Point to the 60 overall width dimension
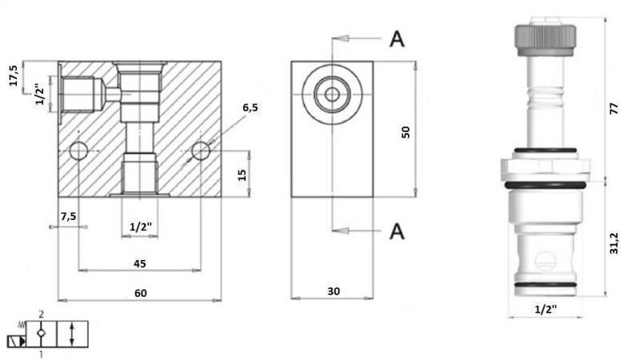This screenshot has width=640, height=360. click(x=140, y=294)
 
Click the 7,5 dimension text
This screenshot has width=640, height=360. click(x=68, y=215)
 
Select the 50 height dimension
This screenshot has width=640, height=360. click(x=406, y=131)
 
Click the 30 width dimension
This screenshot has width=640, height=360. click(x=334, y=292)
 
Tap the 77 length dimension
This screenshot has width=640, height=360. click(x=614, y=110)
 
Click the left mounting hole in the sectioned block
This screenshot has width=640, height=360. click(x=79, y=150)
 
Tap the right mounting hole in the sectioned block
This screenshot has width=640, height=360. click(x=201, y=150)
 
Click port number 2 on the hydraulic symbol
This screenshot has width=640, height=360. click(x=41, y=316)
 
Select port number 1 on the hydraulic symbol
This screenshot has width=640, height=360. click(x=41, y=353)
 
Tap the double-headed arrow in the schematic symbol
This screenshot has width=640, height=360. click(x=73, y=334)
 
